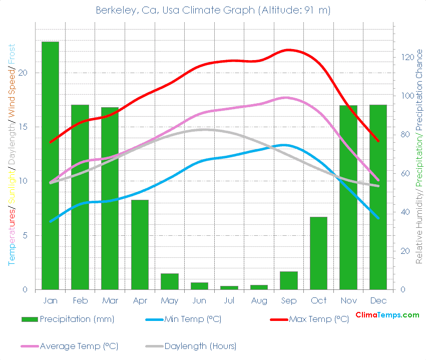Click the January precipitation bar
tap(50, 165)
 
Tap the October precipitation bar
tap(318, 253)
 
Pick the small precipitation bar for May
tap(169, 281)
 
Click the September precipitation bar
tap(289, 280)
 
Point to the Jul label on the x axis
tap(229, 300)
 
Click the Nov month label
tap(348, 300)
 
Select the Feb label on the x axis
tap(80, 300)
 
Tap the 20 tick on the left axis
tap(28, 73)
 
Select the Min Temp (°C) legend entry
tap(193, 319)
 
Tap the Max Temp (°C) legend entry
tap(318, 319)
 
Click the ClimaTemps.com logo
tap(387, 315)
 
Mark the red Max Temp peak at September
tap(289, 50)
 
